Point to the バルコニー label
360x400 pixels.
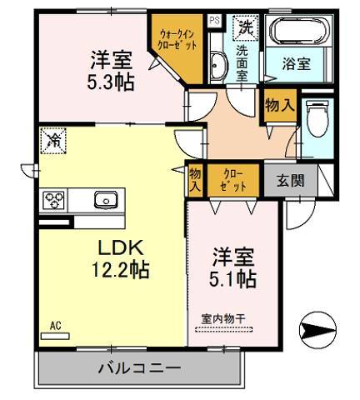click(140, 367)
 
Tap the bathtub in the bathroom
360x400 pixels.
click(297, 32)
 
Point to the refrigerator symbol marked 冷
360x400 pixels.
click(52, 138)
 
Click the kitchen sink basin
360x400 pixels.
click(107, 200)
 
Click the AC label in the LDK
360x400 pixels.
click(55, 325)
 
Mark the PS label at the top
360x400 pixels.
click(214, 20)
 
